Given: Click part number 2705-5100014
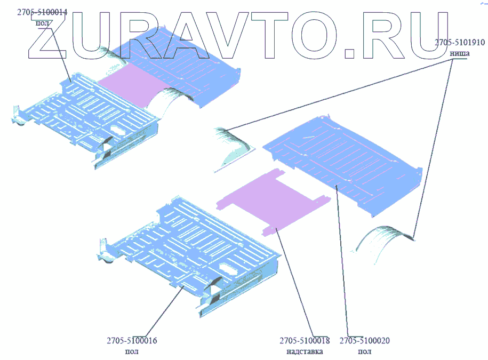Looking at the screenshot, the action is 41,13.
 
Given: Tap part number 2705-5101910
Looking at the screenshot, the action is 459,42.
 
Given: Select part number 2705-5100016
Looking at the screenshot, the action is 132,341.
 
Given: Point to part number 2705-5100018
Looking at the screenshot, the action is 305,341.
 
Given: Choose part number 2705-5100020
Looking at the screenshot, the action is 365,341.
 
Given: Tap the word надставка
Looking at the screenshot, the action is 305,351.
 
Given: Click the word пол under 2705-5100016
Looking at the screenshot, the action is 131,351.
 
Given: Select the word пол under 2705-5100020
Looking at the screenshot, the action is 365,351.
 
